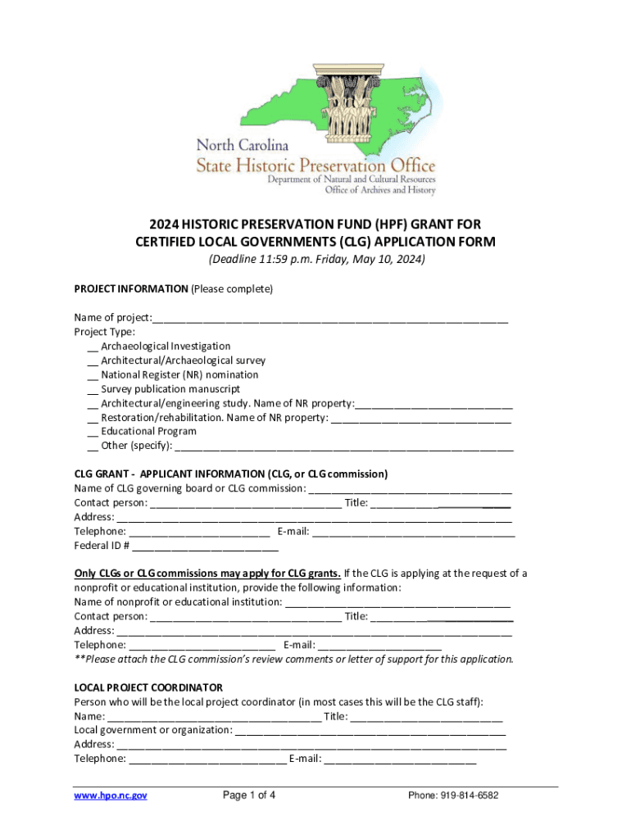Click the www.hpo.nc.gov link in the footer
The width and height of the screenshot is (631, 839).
click(111, 795)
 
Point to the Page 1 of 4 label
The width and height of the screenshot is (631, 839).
click(249, 795)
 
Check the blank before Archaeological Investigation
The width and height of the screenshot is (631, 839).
click(92, 347)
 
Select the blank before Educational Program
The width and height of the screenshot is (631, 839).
click(92, 433)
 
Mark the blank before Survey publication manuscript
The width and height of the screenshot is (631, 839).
click(92, 390)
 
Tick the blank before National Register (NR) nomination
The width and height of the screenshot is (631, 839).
click(92, 376)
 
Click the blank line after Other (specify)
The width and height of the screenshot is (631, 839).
click(344, 447)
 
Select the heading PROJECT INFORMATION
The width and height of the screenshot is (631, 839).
click(131, 289)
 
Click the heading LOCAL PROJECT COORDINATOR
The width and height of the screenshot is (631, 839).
click(148, 687)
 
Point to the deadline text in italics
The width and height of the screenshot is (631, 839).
click(315, 260)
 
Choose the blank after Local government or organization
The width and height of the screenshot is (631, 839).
click(370, 731)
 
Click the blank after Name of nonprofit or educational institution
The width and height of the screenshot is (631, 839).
click(397, 603)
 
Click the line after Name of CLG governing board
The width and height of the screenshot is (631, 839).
click(410, 490)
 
